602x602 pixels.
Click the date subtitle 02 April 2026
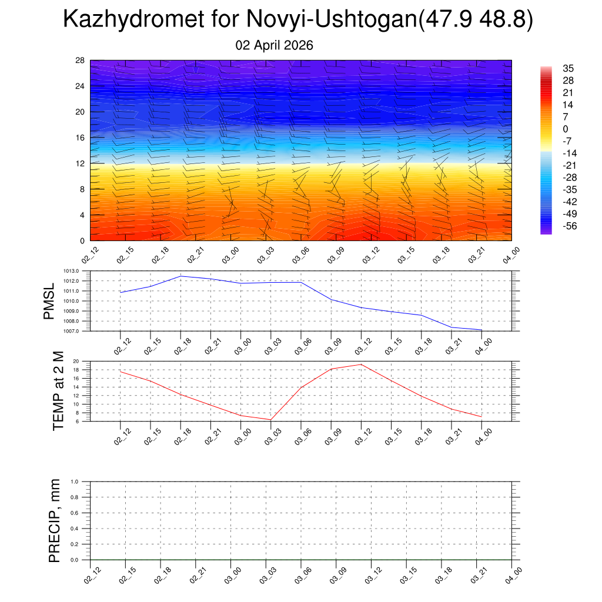tap(274, 45)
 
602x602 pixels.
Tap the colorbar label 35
tap(568, 68)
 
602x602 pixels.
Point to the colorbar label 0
tap(565, 129)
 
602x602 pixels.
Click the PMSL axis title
tap(49, 301)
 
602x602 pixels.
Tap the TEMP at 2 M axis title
tap(58, 390)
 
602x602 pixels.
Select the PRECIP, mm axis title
tap(55, 521)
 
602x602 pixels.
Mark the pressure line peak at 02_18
tap(180, 276)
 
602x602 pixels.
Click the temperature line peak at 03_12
tap(361, 364)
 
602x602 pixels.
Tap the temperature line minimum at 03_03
tap(270, 420)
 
